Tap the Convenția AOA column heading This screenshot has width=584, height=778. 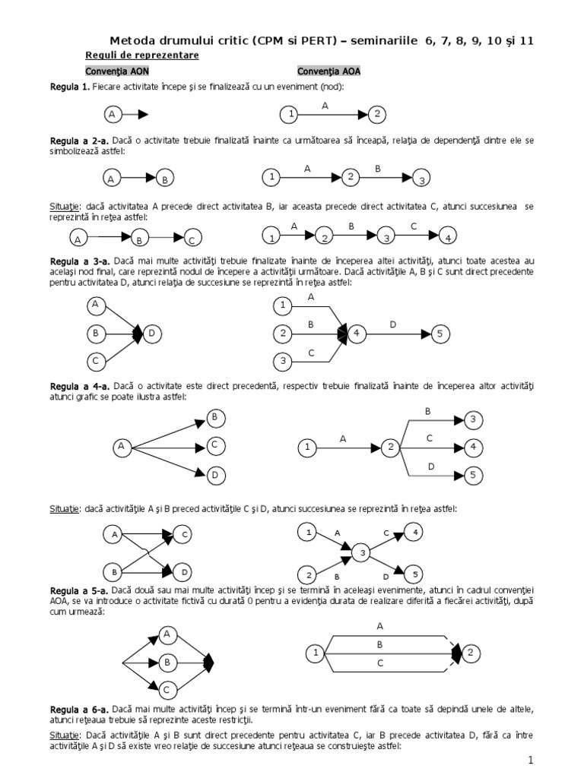point(328,71)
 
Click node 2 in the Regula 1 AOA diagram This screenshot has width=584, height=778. point(377,115)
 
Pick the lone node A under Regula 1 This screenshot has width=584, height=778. point(112,115)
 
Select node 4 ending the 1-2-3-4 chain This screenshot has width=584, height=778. point(449,237)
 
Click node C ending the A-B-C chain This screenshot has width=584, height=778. point(192,240)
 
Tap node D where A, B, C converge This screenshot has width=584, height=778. point(152,333)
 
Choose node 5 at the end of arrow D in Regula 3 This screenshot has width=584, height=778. point(440,333)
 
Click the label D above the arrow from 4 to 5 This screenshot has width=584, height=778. point(393,324)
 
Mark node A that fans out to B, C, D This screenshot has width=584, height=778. point(121,447)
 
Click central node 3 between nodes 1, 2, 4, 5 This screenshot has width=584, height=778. point(363,552)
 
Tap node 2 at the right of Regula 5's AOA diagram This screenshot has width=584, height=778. point(471,652)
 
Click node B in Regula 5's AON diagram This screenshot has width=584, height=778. point(167,663)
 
